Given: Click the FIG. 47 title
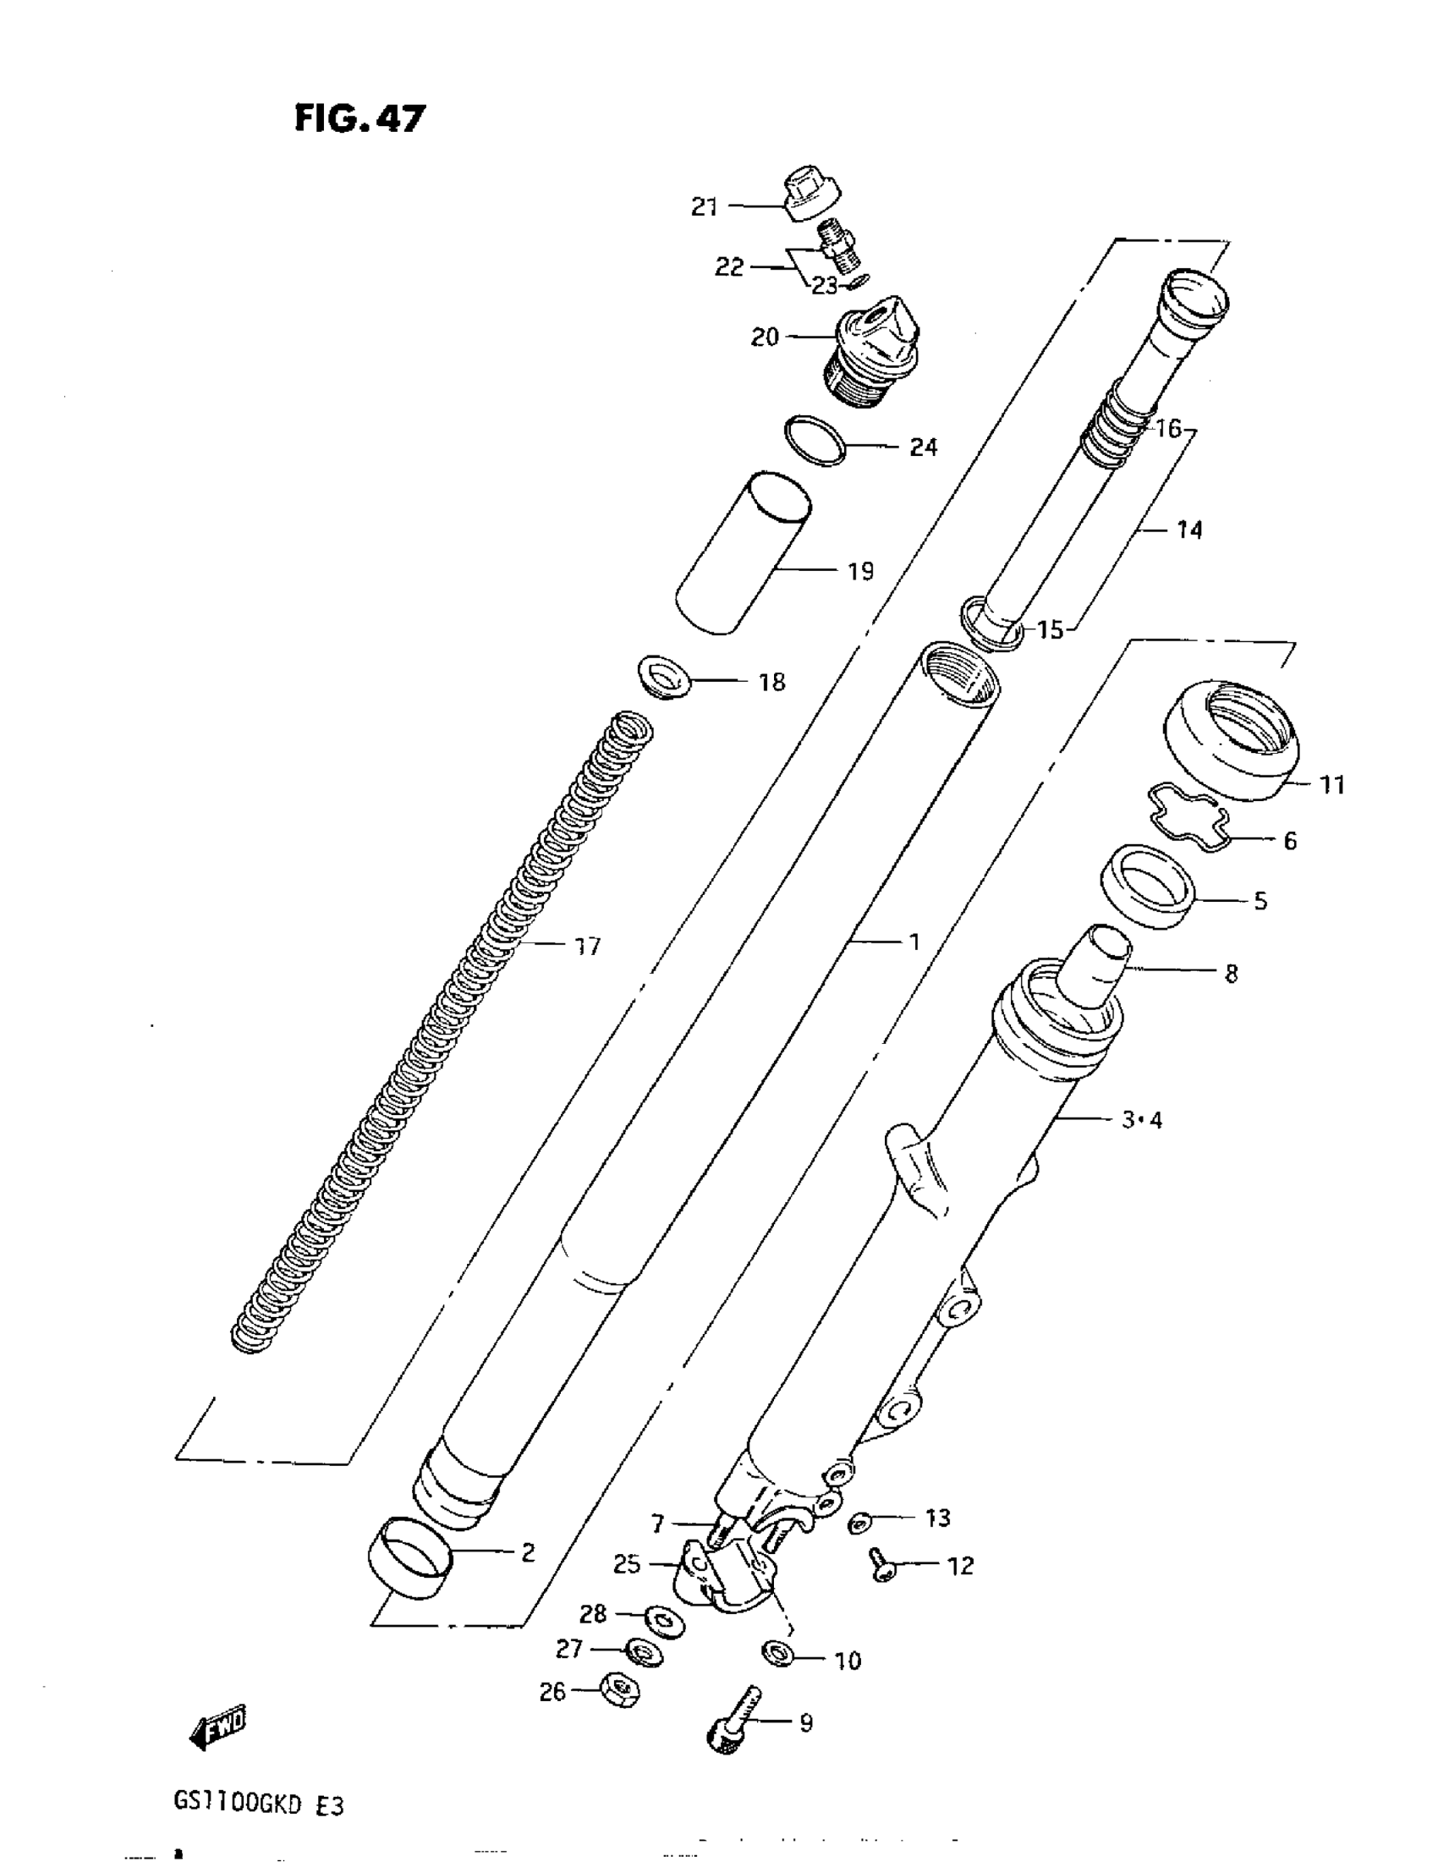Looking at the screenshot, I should point(359,118).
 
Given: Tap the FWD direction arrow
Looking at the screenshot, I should point(217,1727).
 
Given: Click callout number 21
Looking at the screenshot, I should point(704,208).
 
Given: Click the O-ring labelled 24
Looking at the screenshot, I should point(815,440).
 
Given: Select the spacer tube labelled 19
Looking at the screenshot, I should point(743,553).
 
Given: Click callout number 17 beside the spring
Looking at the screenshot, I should point(587,947).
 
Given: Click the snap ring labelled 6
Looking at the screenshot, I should point(1188,818).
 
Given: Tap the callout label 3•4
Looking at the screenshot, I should point(1141,1119).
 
